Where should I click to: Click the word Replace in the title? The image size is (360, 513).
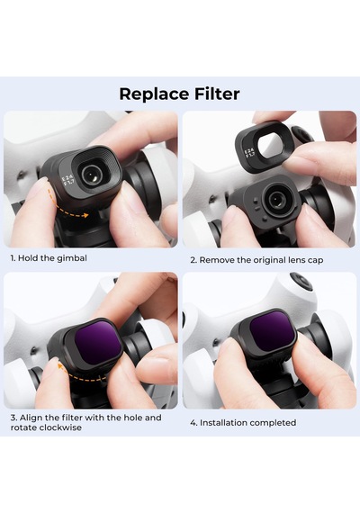tap(154, 94)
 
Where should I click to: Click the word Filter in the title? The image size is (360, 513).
tap(217, 94)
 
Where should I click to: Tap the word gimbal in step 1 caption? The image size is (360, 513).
tap(72, 258)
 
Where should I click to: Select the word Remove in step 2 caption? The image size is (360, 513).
tap(213, 260)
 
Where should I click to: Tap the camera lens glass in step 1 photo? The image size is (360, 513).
tap(91, 174)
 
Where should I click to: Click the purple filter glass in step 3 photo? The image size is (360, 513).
tap(97, 342)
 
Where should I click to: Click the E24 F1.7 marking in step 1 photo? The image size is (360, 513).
tap(68, 182)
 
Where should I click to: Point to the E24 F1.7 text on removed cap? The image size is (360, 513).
tap(249, 153)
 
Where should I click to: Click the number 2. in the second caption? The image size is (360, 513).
tap(193, 260)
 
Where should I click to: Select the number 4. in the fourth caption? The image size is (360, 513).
tap(193, 423)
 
